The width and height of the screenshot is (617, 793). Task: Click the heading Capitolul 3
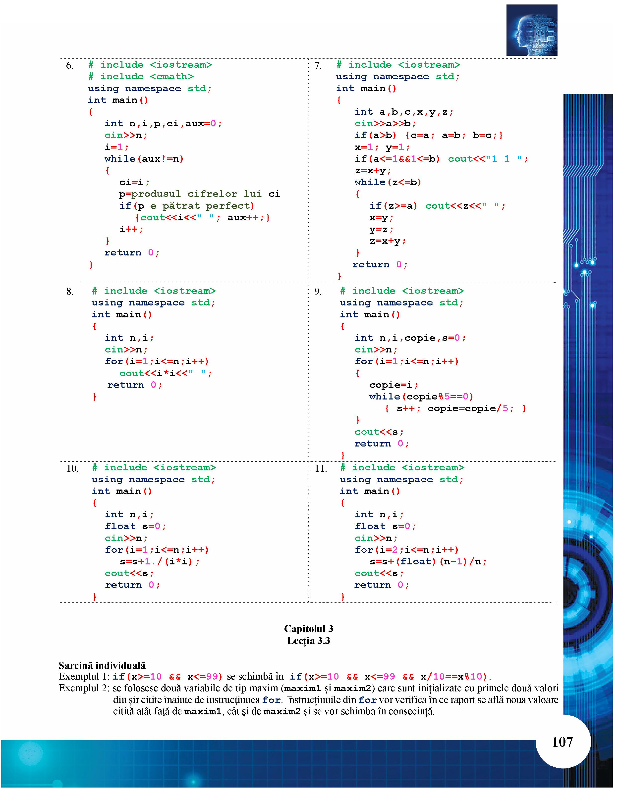(x=309, y=629)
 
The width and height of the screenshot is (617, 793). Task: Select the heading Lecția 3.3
(x=309, y=641)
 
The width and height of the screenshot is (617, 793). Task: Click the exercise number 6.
(x=69, y=65)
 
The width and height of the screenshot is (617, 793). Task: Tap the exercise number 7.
(x=318, y=65)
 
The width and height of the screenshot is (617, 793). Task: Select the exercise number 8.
(x=69, y=292)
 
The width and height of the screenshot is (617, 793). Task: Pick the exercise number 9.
(x=318, y=292)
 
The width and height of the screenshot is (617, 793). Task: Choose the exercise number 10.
(x=72, y=468)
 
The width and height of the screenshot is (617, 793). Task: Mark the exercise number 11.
(x=321, y=468)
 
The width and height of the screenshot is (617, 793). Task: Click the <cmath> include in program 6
(x=171, y=77)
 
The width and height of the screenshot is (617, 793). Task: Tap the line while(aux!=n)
(x=144, y=159)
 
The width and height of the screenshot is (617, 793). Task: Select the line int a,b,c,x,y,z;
(x=404, y=112)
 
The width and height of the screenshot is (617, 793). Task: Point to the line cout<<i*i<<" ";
(x=166, y=373)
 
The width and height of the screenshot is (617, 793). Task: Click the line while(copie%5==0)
(x=421, y=397)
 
